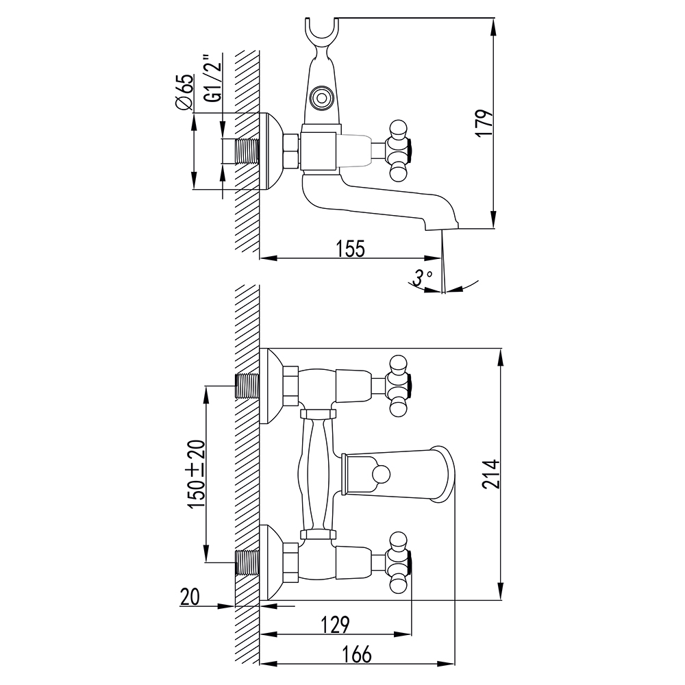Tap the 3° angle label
(423, 277)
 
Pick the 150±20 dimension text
(197, 475)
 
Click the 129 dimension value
(334, 625)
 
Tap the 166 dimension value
(356, 654)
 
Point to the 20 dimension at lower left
(189, 597)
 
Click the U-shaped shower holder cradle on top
(321, 34)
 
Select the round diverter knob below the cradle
(321, 97)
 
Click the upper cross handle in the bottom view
(398, 385)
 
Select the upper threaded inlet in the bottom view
(248, 386)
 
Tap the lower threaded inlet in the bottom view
(248, 562)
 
